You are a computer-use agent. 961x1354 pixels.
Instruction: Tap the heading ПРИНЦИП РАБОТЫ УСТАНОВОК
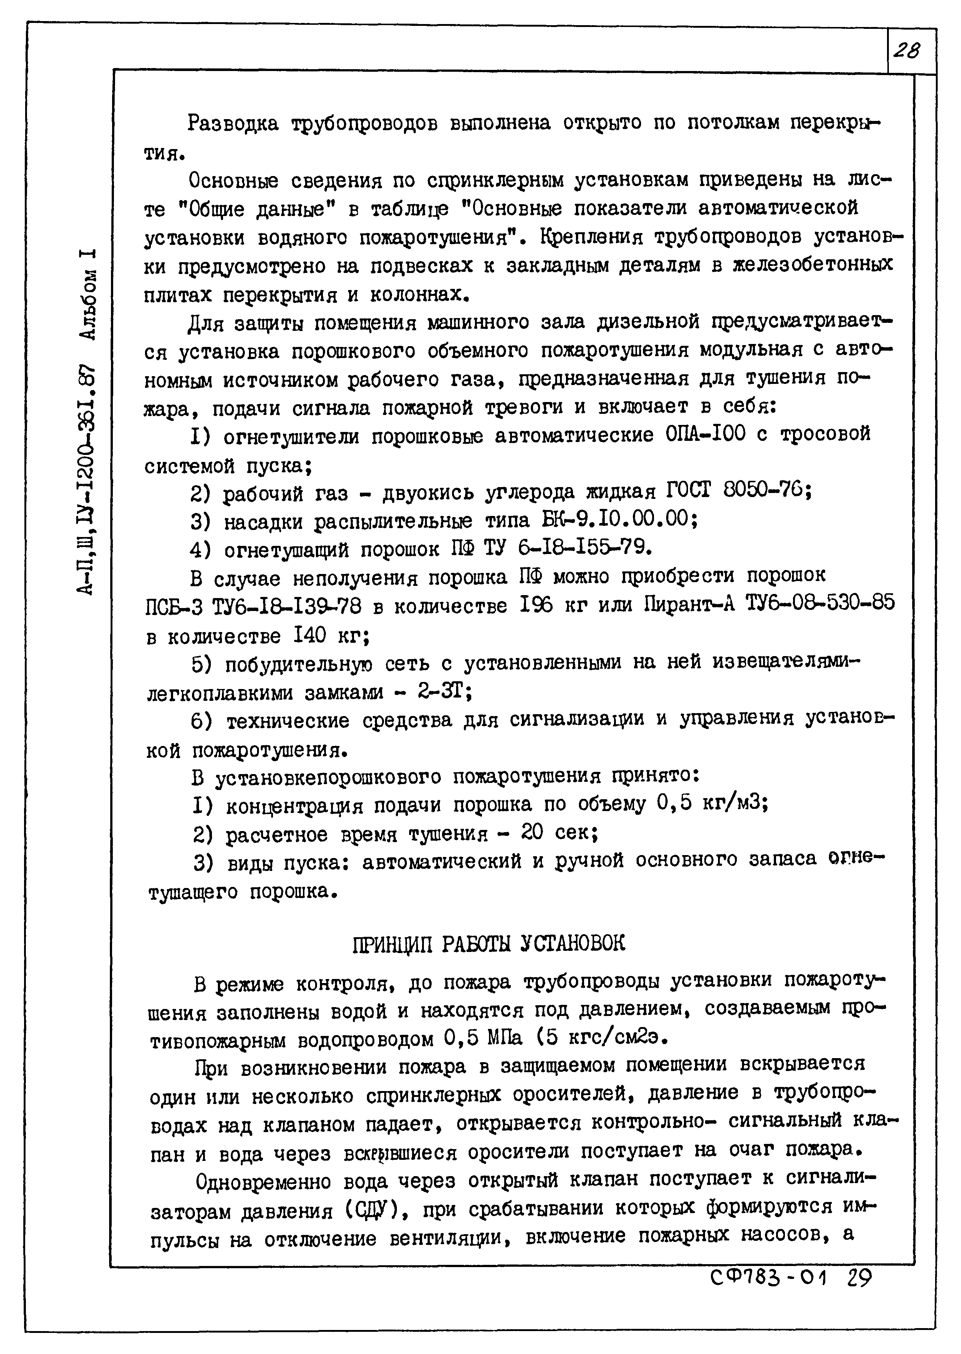[x=488, y=943]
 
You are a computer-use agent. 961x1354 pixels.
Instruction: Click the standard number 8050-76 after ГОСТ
[x=766, y=490]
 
